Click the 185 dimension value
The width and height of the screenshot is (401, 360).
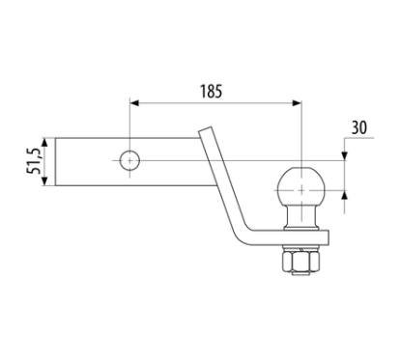pyautogui.click(x=211, y=91)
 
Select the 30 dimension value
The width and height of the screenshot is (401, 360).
pyautogui.click(x=358, y=127)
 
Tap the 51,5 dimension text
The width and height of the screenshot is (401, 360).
pyautogui.click(x=33, y=162)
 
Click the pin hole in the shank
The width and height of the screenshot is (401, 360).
pyautogui.click(x=129, y=160)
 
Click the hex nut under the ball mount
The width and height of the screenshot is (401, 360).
pyautogui.click(x=301, y=261)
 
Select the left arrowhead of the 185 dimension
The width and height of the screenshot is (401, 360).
pyautogui.click(x=134, y=103)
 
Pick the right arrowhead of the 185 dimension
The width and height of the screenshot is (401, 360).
pyautogui.click(x=297, y=103)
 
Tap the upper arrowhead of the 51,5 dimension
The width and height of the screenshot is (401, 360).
pyautogui.click(x=44, y=143)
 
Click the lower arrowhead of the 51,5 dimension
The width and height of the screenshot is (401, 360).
pyautogui.click(x=44, y=181)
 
